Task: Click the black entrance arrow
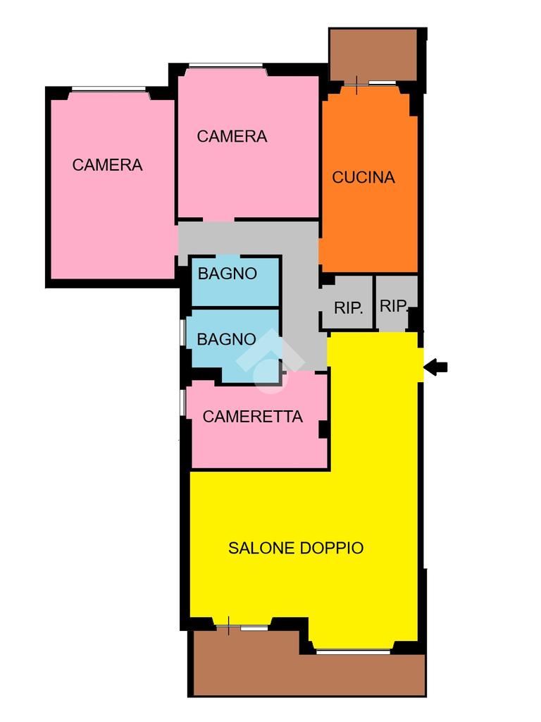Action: [435, 367]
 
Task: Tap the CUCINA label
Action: [363, 177]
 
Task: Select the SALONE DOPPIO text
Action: [296, 548]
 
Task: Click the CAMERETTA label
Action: [253, 417]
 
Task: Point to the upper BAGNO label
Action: [228, 274]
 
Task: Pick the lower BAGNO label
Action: [226, 339]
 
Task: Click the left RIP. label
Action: [348, 308]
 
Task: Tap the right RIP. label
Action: [393, 306]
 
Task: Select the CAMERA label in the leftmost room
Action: [107, 165]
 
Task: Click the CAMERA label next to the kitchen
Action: [232, 136]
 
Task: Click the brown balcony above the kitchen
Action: [374, 55]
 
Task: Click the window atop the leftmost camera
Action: [108, 90]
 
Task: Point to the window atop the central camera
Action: [226, 66]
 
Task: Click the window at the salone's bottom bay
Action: [354, 651]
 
